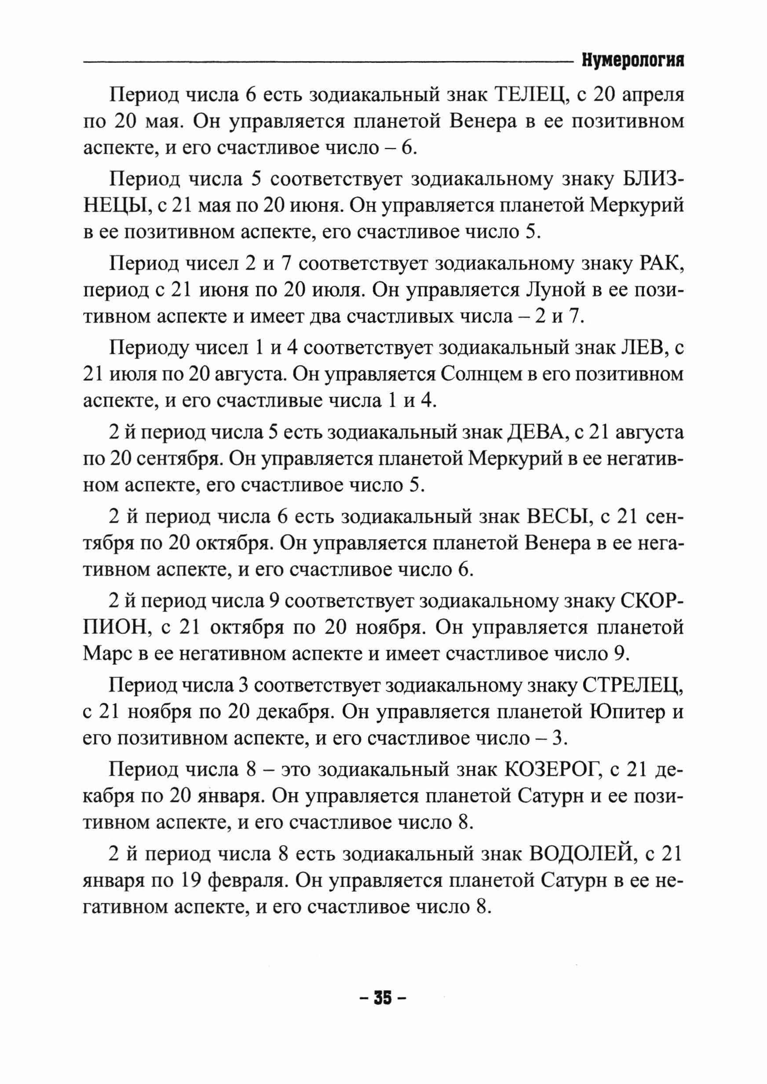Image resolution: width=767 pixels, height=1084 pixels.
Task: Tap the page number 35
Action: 383,998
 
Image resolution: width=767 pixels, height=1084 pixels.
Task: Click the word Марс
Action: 107,654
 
